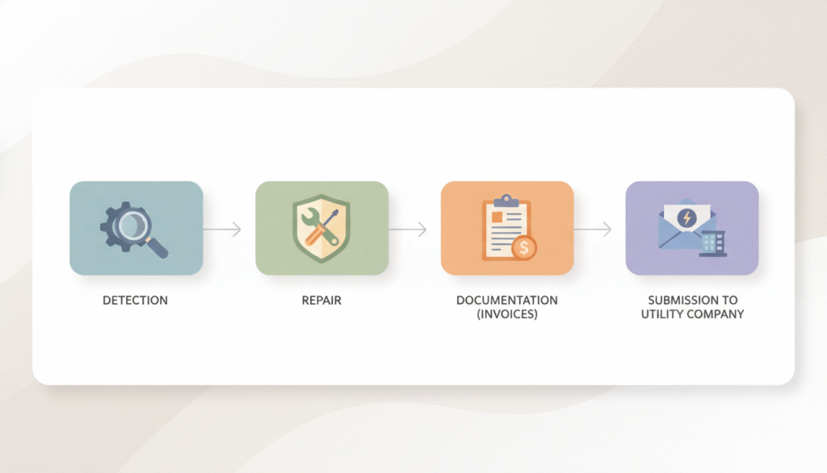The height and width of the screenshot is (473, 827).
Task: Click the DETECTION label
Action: (x=135, y=301)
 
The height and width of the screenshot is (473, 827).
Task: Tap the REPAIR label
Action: (x=321, y=301)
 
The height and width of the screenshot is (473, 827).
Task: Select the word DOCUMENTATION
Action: (x=506, y=301)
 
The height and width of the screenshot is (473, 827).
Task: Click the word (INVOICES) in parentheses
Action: (x=506, y=314)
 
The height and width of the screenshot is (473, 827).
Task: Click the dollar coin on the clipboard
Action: (x=523, y=248)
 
